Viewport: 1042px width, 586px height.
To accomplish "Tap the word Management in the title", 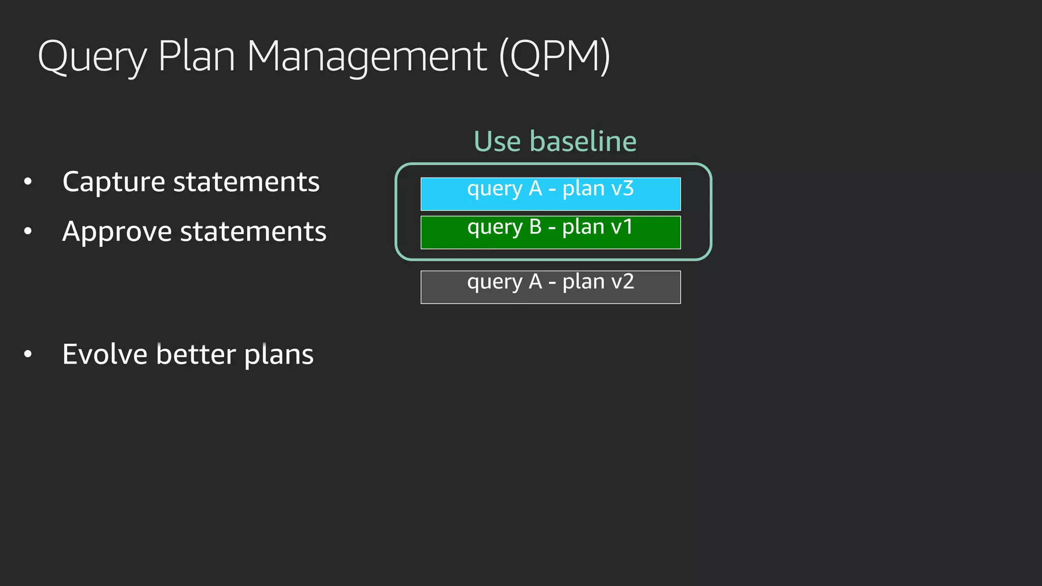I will pos(367,57).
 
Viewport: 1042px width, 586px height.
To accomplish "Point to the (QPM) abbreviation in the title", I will pos(555,57).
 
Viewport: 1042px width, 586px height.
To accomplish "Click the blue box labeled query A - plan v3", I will pos(551,194).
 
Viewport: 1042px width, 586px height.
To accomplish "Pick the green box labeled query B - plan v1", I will pos(551,232).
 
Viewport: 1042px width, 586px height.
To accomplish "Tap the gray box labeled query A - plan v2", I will pos(551,287).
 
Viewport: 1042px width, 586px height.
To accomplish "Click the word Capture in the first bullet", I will pos(113,182).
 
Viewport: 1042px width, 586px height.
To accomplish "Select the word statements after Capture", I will pos(246,182).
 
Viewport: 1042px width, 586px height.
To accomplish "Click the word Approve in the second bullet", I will pos(117,232).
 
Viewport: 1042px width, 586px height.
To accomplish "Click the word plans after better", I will pos(279,355).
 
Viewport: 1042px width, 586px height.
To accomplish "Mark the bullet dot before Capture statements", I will pos(28,182).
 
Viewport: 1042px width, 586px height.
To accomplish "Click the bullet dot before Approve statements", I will pos(28,231).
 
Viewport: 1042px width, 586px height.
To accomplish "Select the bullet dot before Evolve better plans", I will pos(28,354).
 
